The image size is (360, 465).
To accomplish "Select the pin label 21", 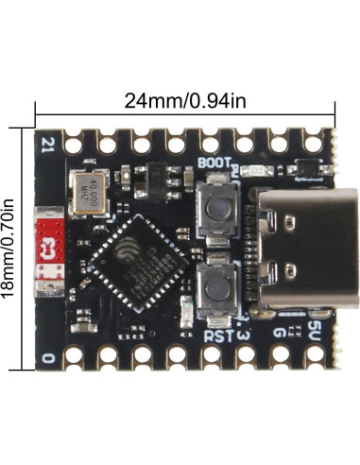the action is (x=49, y=146).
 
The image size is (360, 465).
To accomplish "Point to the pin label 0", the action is (x=47, y=356).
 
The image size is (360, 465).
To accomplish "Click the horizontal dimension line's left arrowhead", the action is (x=39, y=112).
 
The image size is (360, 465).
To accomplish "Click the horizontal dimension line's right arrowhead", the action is (x=333, y=112).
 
